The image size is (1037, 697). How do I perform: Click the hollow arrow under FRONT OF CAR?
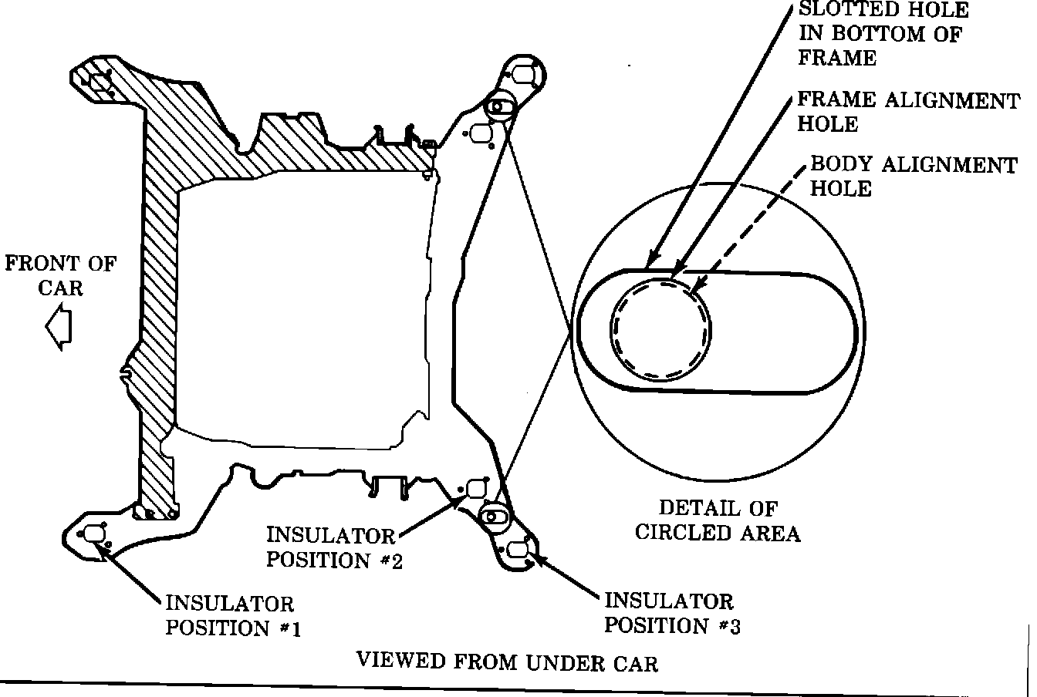click(x=58, y=327)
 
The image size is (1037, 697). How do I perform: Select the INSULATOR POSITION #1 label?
click(x=231, y=615)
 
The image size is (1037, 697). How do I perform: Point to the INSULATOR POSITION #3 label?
click(x=671, y=612)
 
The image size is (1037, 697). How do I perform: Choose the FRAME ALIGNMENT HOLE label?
click(x=907, y=112)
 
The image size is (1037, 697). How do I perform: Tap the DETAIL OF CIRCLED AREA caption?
click(x=717, y=520)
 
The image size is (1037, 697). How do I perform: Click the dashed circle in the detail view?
click(x=660, y=328)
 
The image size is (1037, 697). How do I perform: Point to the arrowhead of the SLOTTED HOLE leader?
click(x=650, y=263)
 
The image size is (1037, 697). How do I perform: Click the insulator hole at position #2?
click(x=475, y=487)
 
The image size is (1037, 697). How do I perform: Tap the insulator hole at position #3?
click(x=518, y=549)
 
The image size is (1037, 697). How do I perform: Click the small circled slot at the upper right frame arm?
click(x=498, y=106)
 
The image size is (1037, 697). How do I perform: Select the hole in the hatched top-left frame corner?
click(x=99, y=82)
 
